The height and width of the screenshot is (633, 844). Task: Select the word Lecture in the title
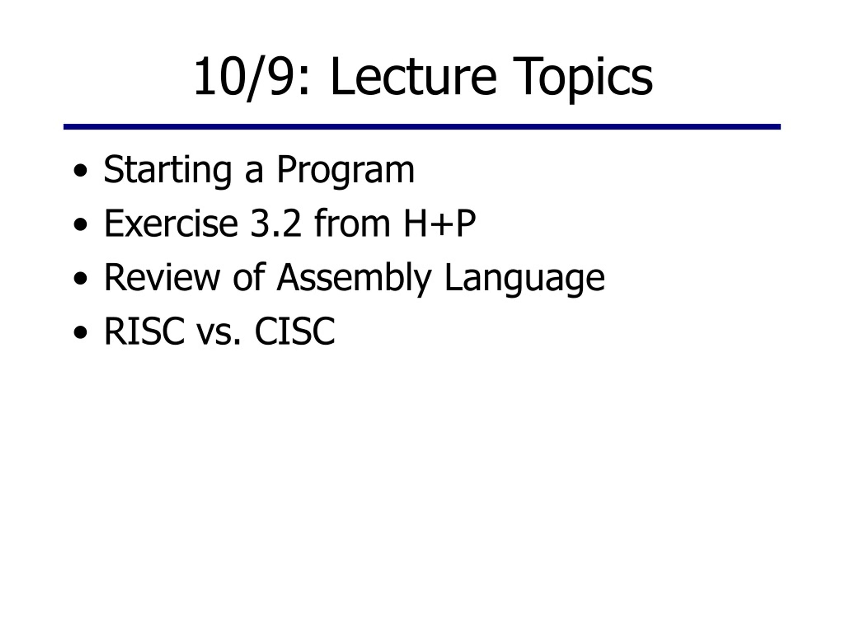point(414,75)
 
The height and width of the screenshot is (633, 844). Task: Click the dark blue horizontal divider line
point(422,127)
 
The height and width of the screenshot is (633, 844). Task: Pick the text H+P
point(439,224)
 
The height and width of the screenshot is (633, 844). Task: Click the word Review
point(162,277)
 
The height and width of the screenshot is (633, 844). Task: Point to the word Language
point(525,280)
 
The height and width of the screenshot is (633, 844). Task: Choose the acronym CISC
point(294,331)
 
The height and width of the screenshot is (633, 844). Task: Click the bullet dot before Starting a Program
point(80,171)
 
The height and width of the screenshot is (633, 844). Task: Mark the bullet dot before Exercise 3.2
point(80,225)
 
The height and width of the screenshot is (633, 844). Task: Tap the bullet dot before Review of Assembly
point(80,279)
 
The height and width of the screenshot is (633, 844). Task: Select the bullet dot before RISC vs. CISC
point(80,332)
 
